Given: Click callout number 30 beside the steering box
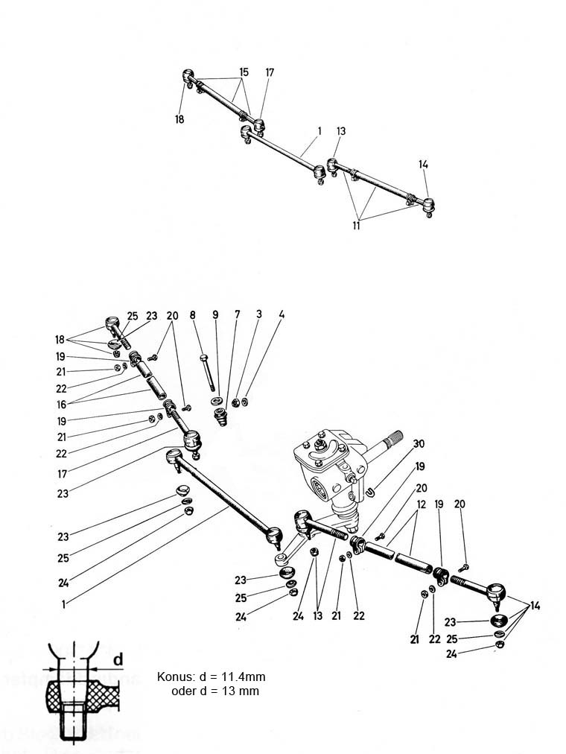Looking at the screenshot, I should pos(419,443).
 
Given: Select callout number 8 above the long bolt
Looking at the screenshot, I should pos(192,315).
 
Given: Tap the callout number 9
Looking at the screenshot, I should pos(215,315).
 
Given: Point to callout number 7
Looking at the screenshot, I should pos(237,315).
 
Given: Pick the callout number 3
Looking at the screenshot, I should pos(258,315).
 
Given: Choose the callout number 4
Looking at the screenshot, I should pos(281,315).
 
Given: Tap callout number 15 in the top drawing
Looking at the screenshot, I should pos(243,72).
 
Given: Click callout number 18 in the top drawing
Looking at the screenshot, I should pos(179,118).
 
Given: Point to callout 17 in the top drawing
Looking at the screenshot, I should pos(270,72).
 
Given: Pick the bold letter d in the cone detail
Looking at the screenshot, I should pos(118,660).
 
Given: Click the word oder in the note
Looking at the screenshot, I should pos(183,691).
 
